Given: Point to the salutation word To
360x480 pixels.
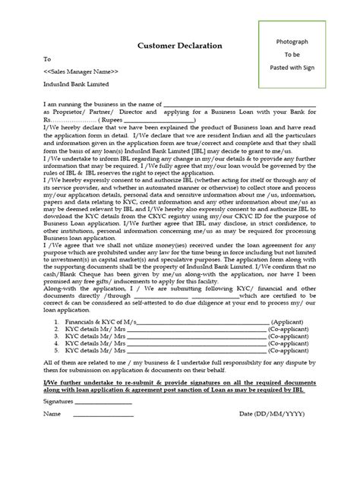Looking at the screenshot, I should (48, 58).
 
